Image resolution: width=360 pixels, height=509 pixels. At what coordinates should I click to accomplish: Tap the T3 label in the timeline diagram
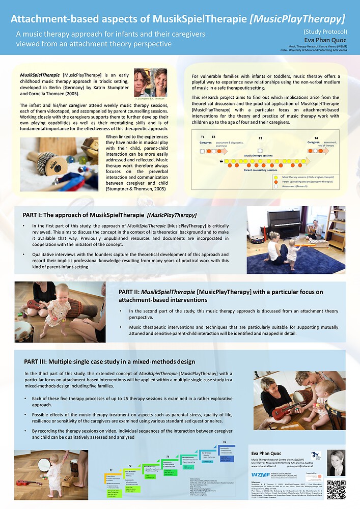pos(260,138)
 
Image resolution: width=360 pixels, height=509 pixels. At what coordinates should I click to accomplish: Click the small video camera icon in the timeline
pos(220,160)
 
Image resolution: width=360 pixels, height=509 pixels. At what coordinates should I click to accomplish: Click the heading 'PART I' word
pos(34,215)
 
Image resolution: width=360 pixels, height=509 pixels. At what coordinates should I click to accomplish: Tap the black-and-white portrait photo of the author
pos(336,463)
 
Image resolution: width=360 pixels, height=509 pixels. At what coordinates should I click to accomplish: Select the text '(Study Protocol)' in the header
pos(325,31)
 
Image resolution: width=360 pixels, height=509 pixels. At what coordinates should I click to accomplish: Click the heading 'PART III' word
pos(35,362)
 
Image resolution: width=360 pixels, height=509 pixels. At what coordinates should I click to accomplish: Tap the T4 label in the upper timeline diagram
pos(316,138)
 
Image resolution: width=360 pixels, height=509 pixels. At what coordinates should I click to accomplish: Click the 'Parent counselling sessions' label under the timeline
pos(264,170)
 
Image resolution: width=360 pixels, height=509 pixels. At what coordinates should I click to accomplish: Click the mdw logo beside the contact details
pos(316,455)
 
